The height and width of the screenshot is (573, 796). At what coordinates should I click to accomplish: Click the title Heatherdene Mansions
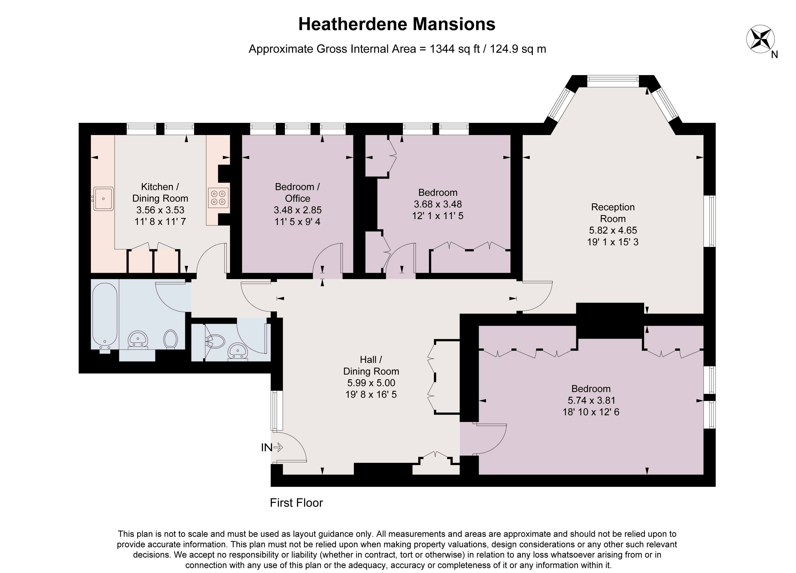click(397, 24)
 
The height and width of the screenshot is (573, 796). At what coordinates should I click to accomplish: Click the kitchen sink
click(103, 198)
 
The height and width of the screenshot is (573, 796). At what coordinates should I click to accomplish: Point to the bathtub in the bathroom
click(105, 314)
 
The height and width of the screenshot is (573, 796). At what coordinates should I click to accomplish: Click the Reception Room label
click(612, 213)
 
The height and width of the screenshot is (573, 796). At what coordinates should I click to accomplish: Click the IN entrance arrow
click(278, 447)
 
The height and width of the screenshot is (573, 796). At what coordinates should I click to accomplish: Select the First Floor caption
click(296, 503)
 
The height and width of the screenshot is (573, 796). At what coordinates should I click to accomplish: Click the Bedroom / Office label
click(297, 192)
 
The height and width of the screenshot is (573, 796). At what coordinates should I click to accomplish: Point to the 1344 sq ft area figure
click(454, 49)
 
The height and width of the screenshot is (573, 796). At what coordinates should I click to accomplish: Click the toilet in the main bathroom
click(171, 339)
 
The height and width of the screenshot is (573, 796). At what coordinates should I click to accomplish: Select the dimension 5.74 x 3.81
click(591, 400)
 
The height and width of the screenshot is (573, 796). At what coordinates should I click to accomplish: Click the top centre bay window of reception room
click(613, 81)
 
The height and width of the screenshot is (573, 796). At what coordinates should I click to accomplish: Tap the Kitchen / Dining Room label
click(160, 192)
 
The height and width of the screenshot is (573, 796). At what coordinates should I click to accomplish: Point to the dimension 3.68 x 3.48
click(438, 204)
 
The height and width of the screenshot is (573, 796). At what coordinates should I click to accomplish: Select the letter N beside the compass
click(775, 55)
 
